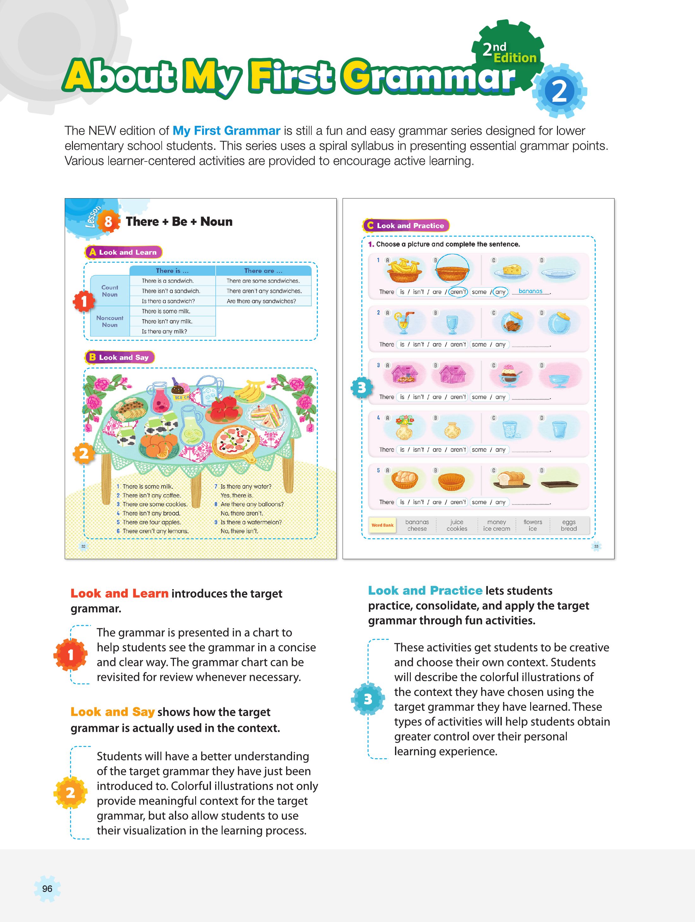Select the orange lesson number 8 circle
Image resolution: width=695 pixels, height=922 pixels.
108,222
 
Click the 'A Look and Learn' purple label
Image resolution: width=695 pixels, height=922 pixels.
123,252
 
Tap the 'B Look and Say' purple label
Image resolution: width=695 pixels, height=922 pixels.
119,357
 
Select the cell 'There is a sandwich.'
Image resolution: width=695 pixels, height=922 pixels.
167,281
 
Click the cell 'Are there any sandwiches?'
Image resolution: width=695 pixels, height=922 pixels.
261,301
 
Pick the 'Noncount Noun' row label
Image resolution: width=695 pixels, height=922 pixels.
110,321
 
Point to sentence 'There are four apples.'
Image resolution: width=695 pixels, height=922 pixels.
152,522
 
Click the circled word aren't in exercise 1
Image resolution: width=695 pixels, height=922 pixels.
458,292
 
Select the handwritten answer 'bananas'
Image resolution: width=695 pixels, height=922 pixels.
530,291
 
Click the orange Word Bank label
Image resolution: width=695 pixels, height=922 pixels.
382,525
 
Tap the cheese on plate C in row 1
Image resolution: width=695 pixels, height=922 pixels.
511,271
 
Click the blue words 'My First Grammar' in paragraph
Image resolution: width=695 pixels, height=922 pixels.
226,131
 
